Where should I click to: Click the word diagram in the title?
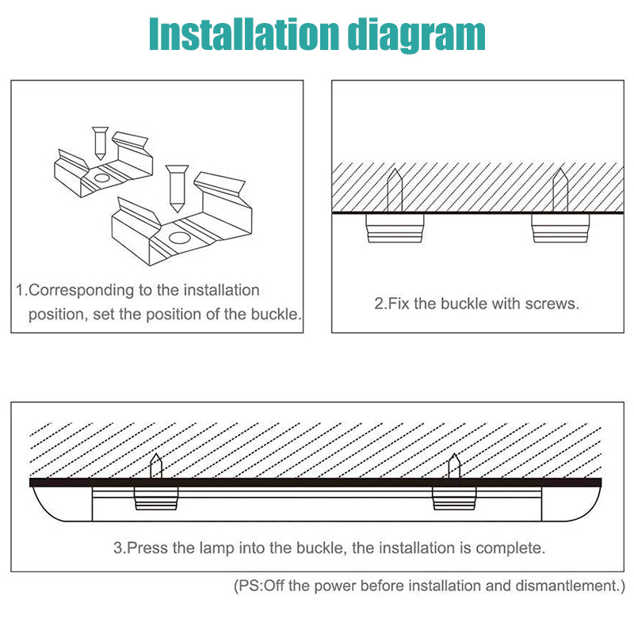(417, 36)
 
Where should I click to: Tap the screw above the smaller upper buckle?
(100, 143)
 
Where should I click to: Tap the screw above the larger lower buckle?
(177, 189)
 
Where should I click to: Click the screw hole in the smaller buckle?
(101, 178)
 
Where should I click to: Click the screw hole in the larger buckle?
(179, 238)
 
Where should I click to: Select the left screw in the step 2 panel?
(395, 190)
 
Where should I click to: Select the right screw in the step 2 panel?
(560, 190)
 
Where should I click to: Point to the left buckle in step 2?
(395, 228)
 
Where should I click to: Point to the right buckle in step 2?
(560, 228)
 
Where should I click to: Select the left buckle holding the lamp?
(156, 498)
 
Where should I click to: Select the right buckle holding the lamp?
(454, 498)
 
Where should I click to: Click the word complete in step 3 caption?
(510, 548)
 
